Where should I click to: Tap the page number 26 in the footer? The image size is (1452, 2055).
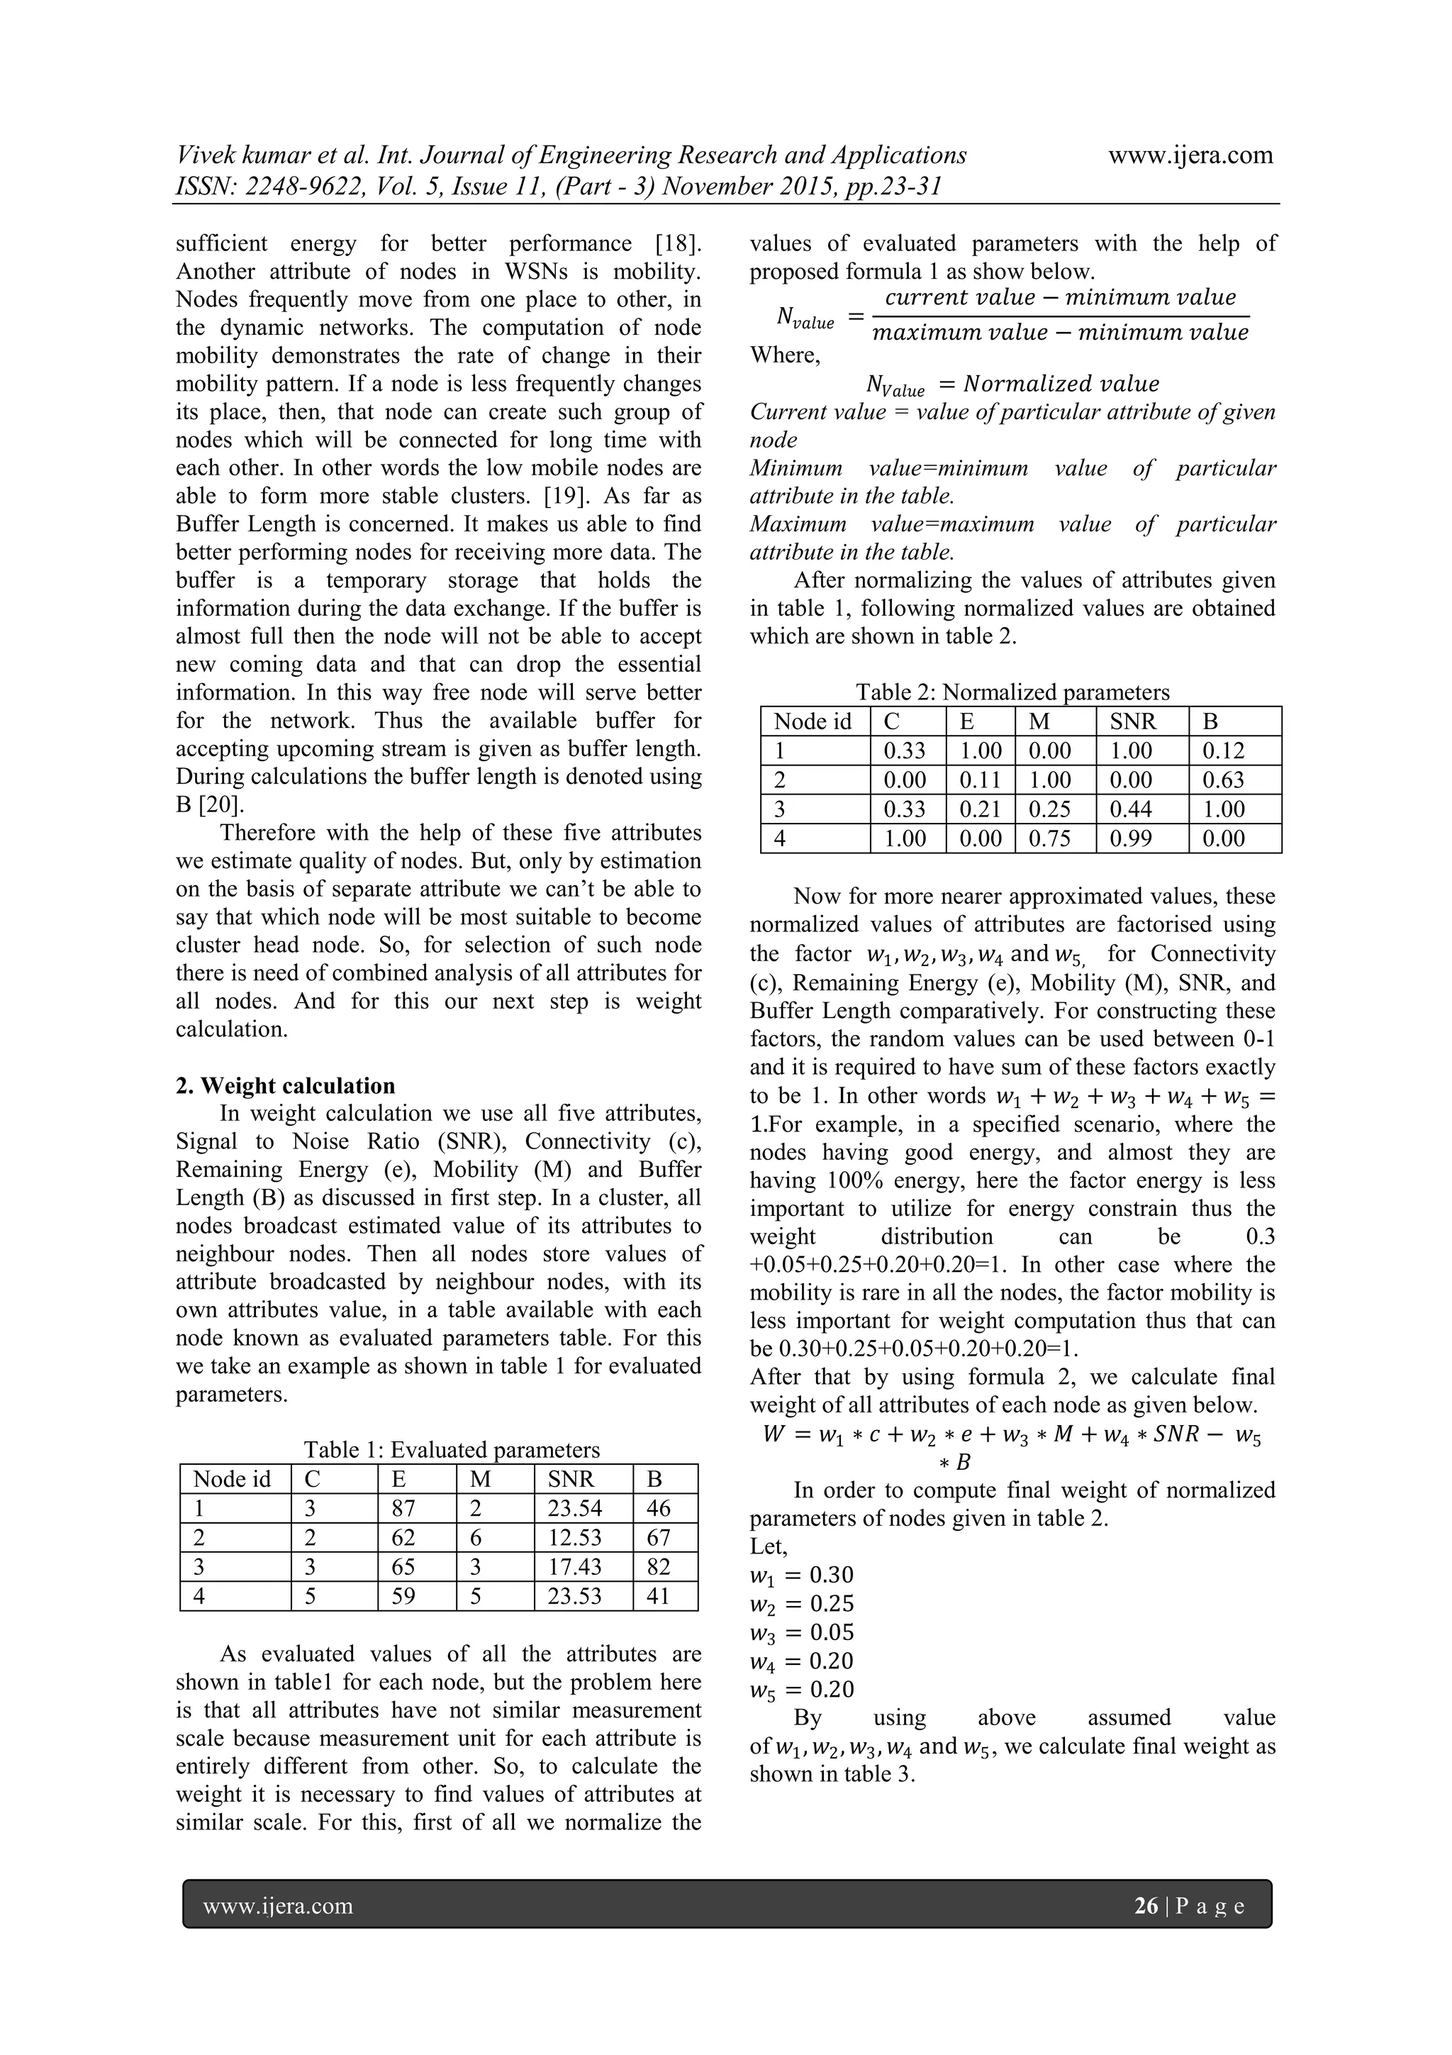click(1145, 1905)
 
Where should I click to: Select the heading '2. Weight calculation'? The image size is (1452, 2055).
click(286, 1086)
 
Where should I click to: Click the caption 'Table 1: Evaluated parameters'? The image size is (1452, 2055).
click(452, 1450)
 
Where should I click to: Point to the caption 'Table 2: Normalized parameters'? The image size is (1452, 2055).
click(1012, 692)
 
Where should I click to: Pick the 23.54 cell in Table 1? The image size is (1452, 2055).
click(574, 1509)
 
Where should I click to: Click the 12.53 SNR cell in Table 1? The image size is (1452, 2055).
click(574, 1538)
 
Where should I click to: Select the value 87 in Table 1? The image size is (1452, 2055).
click(403, 1509)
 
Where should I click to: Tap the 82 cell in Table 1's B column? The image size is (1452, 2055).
click(659, 1567)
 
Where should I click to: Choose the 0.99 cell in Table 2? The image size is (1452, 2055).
click(1131, 838)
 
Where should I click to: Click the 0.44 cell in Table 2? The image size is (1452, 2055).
click(1131, 809)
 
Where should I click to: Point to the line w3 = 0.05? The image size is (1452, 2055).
click(802, 1632)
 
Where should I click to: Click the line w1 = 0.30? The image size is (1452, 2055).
click(802, 1574)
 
